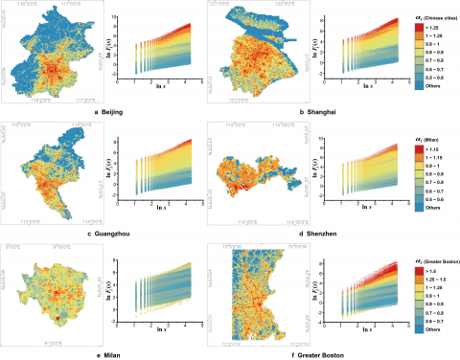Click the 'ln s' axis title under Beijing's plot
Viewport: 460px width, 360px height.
pyautogui.click(x=150, y=100)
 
